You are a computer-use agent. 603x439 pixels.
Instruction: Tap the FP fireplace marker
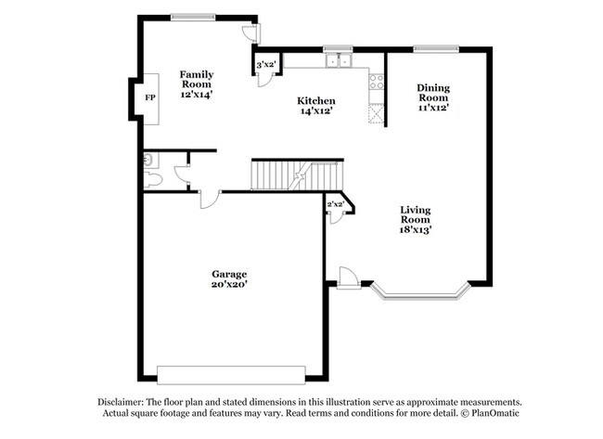tap(149, 97)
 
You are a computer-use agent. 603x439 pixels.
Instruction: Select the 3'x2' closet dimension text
tap(266, 64)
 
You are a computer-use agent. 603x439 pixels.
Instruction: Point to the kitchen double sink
tap(337, 61)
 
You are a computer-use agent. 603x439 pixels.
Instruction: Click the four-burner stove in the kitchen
tap(377, 82)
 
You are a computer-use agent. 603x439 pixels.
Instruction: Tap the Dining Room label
tap(432, 92)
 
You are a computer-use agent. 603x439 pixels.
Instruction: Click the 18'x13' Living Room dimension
tap(417, 228)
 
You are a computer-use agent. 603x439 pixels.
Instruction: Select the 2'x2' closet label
tap(335, 204)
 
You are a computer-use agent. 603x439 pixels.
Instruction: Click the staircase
tap(297, 174)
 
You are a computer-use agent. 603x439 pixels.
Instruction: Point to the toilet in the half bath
tap(154, 179)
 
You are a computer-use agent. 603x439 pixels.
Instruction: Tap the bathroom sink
tap(148, 160)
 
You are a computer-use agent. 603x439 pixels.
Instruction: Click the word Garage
tap(228, 274)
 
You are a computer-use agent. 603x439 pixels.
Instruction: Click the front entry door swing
tap(347, 277)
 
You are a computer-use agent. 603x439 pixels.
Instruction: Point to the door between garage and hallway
tap(210, 198)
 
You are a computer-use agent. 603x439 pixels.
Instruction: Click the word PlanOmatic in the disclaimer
tap(494, 413)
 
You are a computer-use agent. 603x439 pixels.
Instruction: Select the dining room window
tap(435, 48)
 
